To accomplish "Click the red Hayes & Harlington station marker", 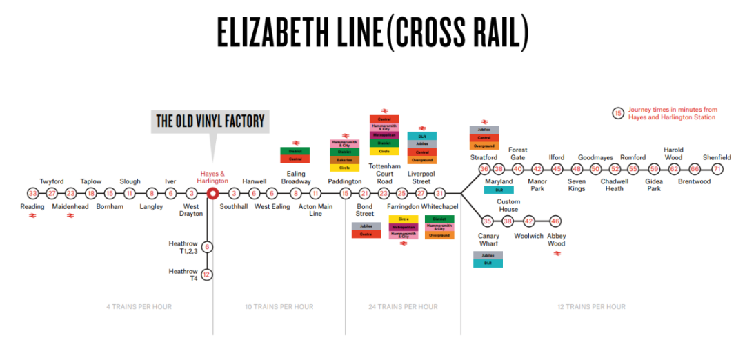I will coord(213,193).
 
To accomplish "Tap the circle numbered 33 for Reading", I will coord(32,193).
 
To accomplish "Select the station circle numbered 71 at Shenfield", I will coord(717,169).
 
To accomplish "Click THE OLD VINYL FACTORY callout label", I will coord(210,121).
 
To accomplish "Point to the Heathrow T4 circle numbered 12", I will coord(206,274).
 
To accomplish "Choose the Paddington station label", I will coord(344,181).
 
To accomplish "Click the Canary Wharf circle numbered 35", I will coord(488,221).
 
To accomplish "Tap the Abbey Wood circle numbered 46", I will coord(555,221).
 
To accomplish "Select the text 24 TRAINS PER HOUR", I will coord(403,306).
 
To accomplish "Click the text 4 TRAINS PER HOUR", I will coord(139,306).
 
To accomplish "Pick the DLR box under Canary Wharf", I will coord(488,263).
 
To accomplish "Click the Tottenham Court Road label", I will coord(384,173).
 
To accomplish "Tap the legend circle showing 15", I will coord(618,113).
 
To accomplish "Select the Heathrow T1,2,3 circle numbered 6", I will coord(206,247).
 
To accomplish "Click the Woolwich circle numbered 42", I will coord(529,221).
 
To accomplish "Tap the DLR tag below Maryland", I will coord(499,190).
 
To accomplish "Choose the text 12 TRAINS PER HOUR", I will coord(591,306).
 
